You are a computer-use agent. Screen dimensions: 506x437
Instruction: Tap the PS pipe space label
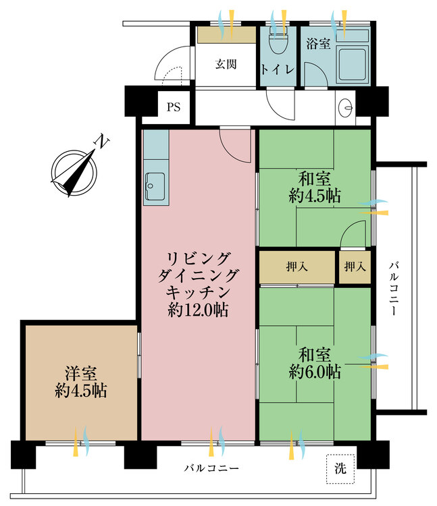tap(174, 107)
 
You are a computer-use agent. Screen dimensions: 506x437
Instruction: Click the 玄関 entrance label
tap(226, 65)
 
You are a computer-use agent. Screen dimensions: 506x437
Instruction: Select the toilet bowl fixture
tap(276, 45)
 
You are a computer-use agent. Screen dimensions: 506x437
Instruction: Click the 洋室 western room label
tap(80, 372)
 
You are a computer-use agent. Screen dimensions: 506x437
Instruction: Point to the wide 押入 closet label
tap(297, 267)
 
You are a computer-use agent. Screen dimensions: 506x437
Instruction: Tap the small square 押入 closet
tap(355, 267)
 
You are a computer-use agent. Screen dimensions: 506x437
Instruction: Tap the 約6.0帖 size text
tap(315, 371)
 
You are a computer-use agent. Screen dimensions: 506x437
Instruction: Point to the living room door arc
tap(236, 143)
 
